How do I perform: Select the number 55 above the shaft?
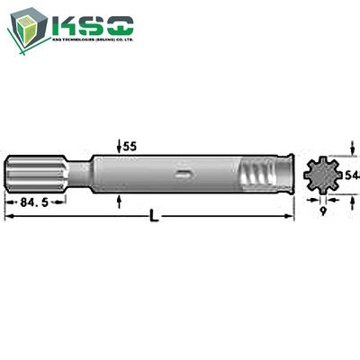coord(130,145)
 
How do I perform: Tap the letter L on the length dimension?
coord(155,220)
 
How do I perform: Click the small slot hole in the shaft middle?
coord(183,175)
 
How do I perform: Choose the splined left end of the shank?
coord(36,175)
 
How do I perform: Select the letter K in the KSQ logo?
coord(70,24)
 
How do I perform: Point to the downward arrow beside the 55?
coord(121,148)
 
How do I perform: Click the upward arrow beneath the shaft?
coord(121,201)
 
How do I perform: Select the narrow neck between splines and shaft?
coord(79,175)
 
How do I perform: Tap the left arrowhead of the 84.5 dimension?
coord(9,202)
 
